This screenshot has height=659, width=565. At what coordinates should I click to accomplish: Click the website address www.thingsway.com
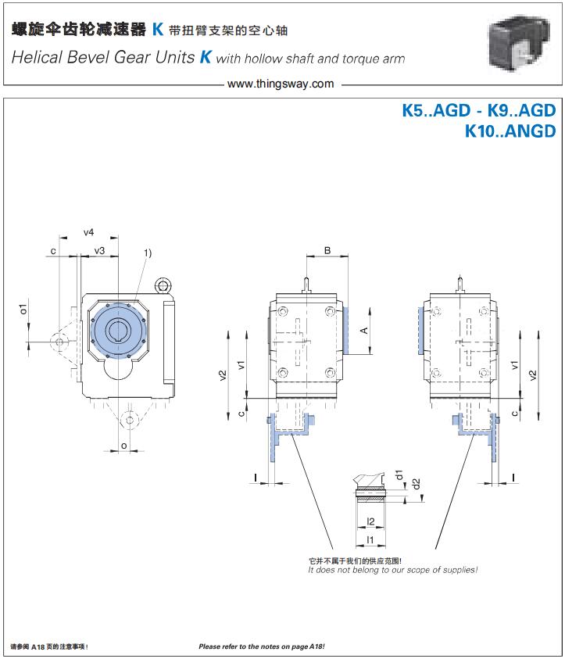[x=281, y=84]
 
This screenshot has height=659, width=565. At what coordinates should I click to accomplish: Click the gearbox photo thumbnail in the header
[x=518, y=42]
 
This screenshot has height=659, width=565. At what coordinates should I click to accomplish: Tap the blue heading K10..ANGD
[x=510, y=131]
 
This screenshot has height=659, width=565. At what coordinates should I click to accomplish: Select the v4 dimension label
[x=88, y=232]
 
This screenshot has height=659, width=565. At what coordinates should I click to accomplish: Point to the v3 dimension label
[x=99, y=250]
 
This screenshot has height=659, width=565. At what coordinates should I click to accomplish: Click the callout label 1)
[x=148, y=252]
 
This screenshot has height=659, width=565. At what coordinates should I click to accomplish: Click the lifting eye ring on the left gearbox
[x=163, y=286]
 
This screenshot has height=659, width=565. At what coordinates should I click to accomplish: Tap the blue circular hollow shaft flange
[x=119, y=331]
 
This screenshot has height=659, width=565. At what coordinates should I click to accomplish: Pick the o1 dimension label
[x=23, y=309]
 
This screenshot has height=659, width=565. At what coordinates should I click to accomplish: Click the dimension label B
[x=327, y=250]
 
